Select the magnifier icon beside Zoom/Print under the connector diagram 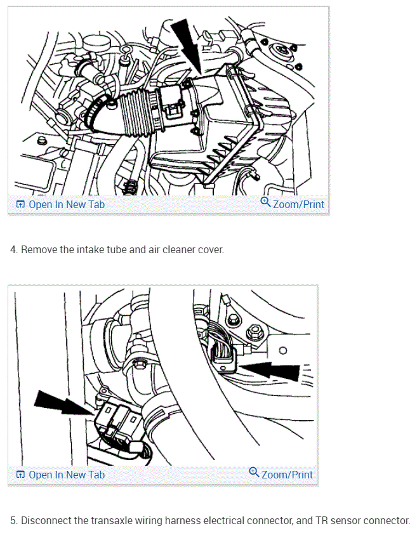tap(254, 473)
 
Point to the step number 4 tap(13, 250)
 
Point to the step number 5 tap(13, 521)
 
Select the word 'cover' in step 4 tap(211, 250)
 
